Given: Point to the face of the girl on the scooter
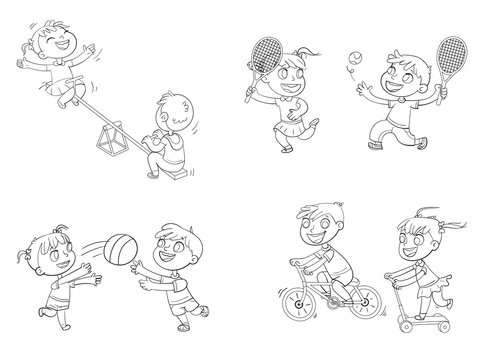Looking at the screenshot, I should [421, 245].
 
